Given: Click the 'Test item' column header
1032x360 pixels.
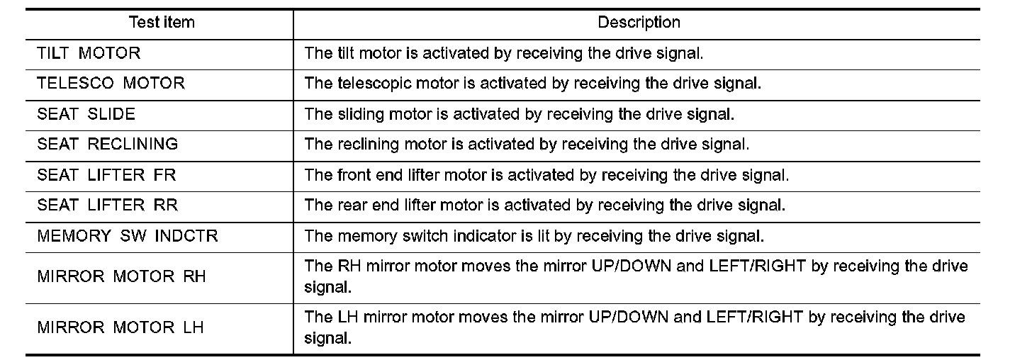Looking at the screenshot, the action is tap(161, 23).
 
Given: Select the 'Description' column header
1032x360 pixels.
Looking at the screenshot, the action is tap(639, 23).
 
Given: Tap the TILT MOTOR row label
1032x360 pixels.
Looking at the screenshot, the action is tap(89, 53).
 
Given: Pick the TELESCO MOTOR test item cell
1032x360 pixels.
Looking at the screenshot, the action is tap(111, 84).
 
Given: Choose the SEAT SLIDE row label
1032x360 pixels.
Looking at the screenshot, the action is tap(86, 114).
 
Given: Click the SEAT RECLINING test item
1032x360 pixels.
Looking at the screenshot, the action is tap(107, 145).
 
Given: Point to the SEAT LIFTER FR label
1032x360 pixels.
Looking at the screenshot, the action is tap(101, 175).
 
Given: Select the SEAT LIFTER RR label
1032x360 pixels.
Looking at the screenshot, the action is tap(107, 206).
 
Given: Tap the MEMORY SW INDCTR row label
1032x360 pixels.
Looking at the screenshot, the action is tap(128, 236).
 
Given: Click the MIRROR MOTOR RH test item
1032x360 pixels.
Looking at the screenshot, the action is tap(121, 276).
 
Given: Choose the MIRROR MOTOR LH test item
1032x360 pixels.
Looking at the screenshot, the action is tap(120, 327).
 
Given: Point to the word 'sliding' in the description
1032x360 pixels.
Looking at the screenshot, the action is tap(354, 114).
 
